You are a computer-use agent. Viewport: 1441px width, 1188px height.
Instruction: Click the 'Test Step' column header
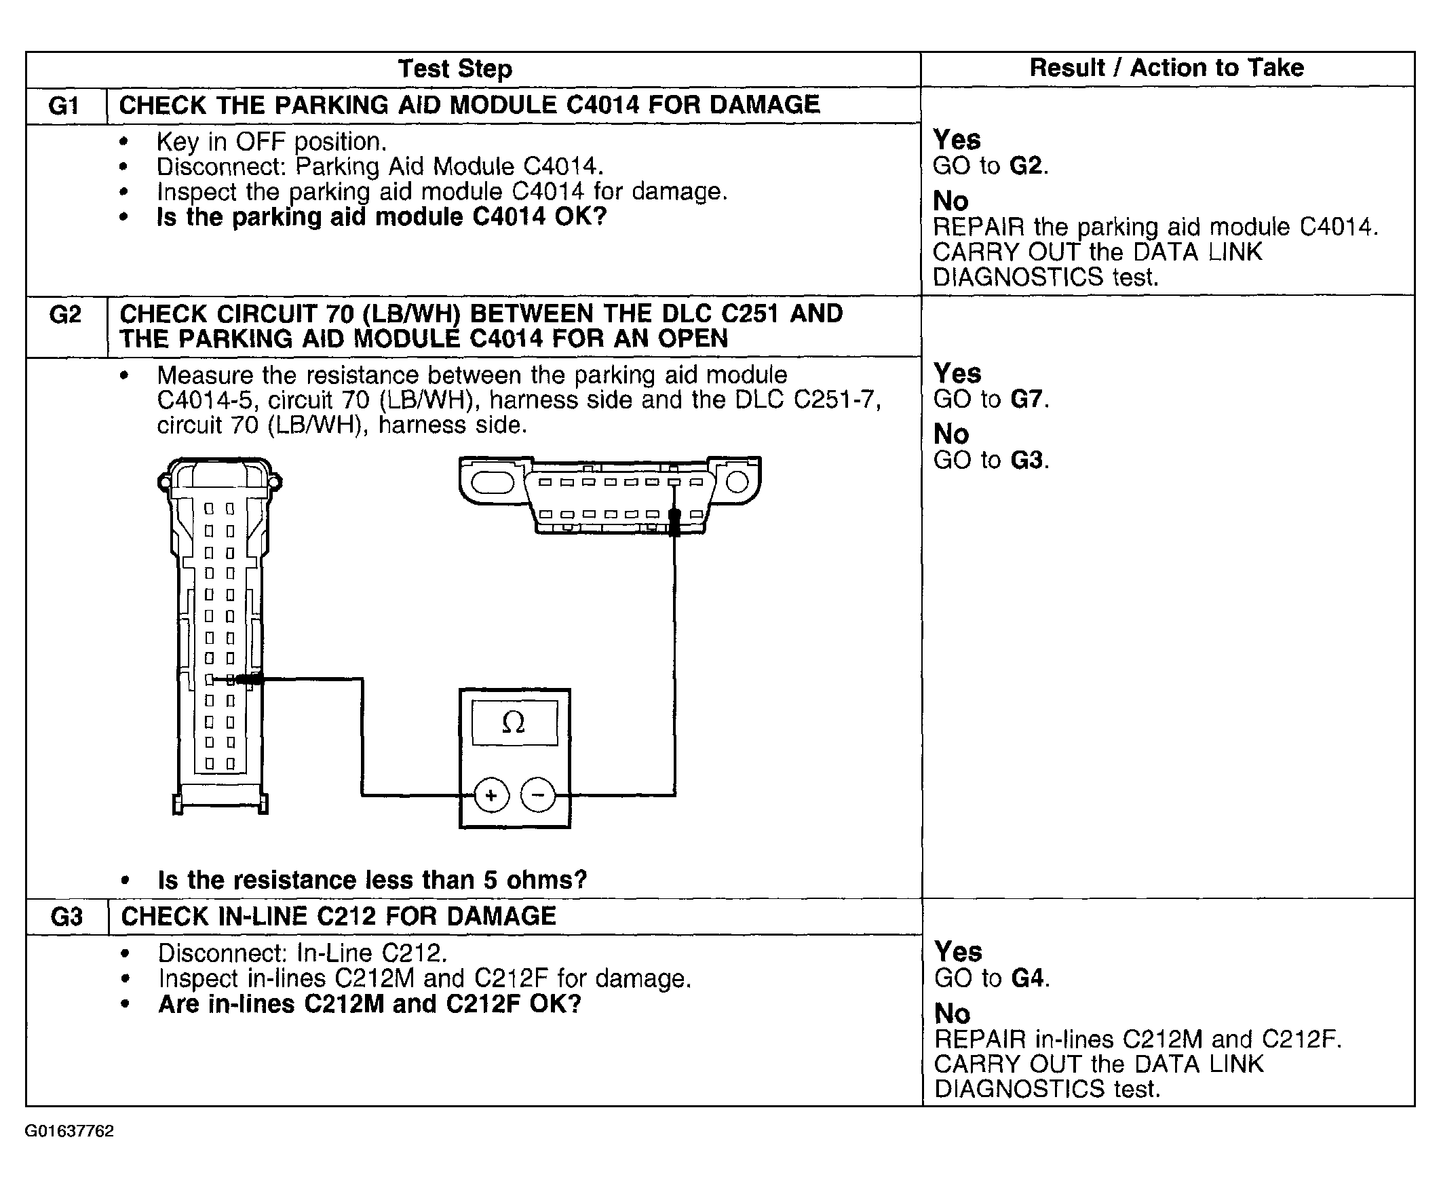click(x=455, y=69)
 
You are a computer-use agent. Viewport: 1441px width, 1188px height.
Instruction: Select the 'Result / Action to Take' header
click(x=1166, y=68)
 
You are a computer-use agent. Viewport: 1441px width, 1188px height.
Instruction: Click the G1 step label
click(x=64, y=106)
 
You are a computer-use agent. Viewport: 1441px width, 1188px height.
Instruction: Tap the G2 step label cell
click(x=66, y=315)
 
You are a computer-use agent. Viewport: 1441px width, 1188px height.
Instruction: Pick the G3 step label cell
click(x=66, y=917)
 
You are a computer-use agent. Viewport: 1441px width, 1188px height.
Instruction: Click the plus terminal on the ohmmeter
click(x=491, y=795)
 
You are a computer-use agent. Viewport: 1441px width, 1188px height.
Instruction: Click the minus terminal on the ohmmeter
click(x=538, y=795)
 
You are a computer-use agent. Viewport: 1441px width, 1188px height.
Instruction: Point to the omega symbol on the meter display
click(x=513, y=723)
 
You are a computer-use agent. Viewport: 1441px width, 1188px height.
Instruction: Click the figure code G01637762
click(x=69, y=1131)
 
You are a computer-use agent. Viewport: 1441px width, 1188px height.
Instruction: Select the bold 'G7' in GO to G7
click(x=1026, y=399)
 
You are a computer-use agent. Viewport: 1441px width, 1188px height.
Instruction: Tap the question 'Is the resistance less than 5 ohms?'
click(x=372, y=880)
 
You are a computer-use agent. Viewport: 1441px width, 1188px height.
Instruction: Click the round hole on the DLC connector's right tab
click(x=737, y=482)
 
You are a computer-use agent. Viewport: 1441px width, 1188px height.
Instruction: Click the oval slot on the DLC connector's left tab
click(x=492, y=482)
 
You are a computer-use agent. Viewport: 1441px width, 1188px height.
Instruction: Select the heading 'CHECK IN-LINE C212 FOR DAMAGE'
click(x=338, y=917)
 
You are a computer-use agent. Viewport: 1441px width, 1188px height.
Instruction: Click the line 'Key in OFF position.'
click(x=271, y=142)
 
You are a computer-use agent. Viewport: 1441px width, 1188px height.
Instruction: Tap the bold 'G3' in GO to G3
click(x=1026, y=460)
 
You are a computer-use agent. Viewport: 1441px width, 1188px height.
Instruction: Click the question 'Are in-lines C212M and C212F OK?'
click(x=370, y=1004)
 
